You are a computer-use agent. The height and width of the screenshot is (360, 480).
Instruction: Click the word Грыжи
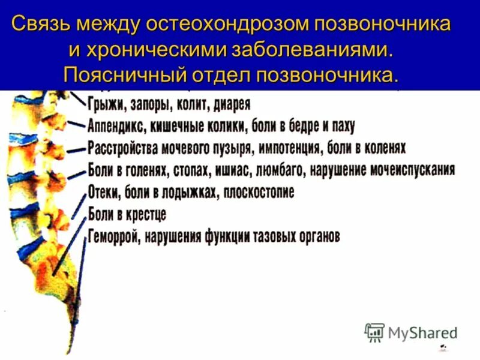tap(105, 104)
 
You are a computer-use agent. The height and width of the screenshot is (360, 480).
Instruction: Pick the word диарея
tap(229, 104)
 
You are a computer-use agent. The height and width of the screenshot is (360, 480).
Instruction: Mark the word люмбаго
tap(281, 170)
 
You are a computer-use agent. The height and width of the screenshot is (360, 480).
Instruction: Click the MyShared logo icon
tap(374, 332)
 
